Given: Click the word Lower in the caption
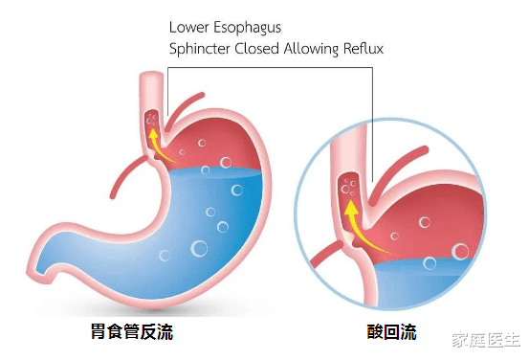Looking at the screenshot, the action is point(187,25).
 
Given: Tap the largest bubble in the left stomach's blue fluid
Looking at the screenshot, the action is point(200,249).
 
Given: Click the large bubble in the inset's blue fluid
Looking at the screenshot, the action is point(460,252).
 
